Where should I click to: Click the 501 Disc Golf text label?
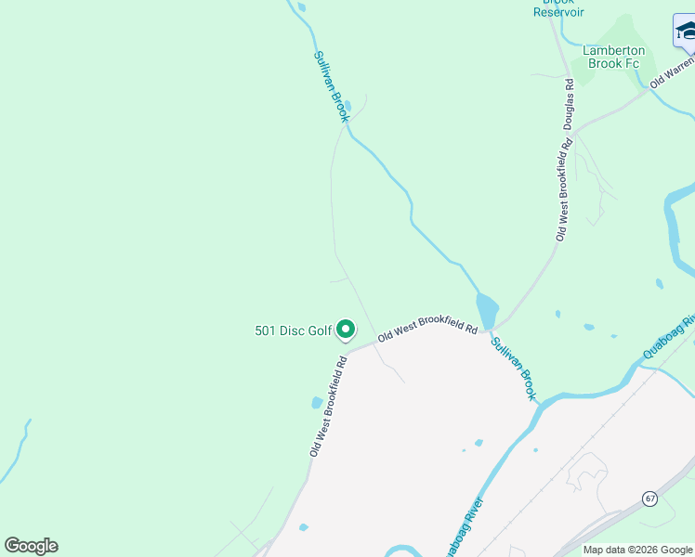point(293,330)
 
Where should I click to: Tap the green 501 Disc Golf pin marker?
point(346,329)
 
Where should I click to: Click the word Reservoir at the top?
point(558,12)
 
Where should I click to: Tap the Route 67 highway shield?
point(649,499)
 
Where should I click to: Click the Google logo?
point(31,546)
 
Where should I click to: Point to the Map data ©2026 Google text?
point(637,550)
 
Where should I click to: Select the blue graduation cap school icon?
point(686,31)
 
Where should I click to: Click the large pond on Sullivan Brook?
point(487,311)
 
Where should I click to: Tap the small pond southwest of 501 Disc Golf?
point(317,403)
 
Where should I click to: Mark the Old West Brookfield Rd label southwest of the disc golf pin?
point(329,405)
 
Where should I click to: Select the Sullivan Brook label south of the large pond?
point(514,369)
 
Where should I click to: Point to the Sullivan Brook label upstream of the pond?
point(331,85)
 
